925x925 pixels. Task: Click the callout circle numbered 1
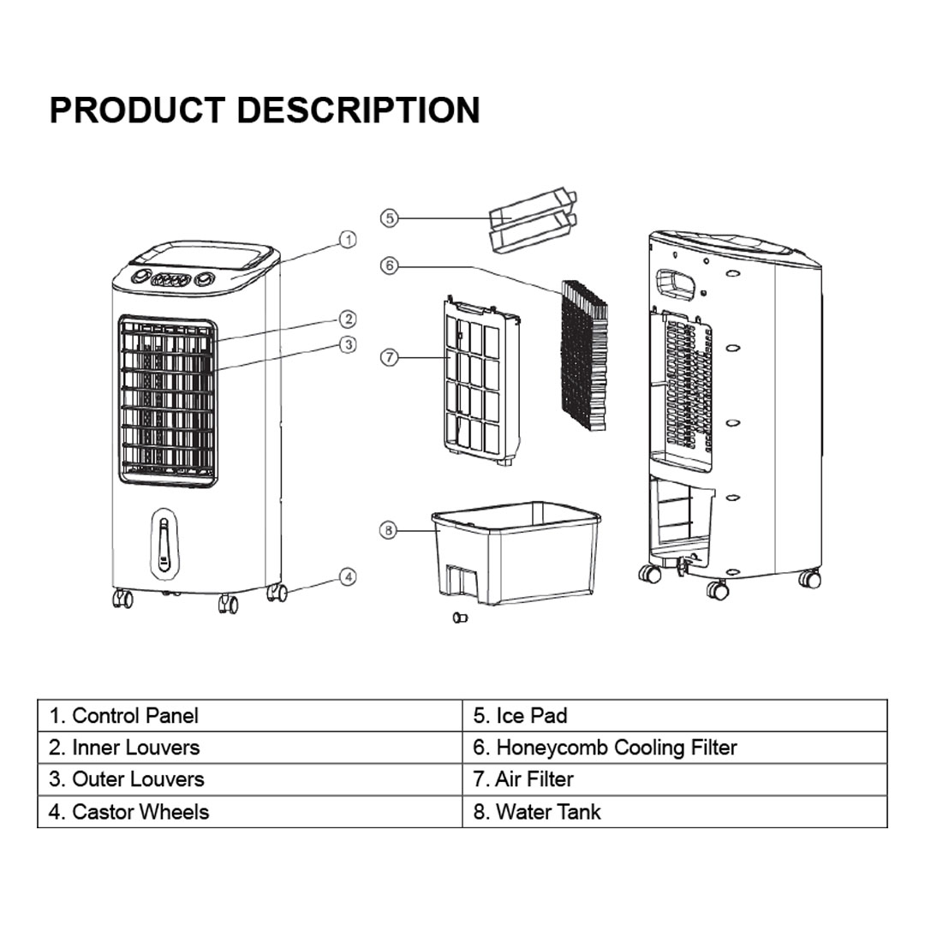(348, 240)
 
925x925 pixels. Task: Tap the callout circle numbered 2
(348, 319)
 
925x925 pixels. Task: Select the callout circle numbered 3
(348, 344)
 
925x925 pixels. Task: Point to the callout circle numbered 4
(348, 577)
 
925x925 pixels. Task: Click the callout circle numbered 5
(390, 218)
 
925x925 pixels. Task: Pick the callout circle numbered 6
(390, 266)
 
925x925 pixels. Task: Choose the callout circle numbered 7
(390, 357)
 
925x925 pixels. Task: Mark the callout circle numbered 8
(388, 531)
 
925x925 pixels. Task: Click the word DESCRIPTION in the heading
(357, 110)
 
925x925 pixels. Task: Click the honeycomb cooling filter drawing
(585, 355)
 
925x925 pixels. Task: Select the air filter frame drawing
(482, 380)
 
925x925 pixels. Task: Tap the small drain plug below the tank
(460, 618)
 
